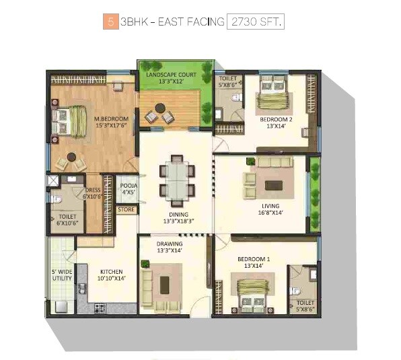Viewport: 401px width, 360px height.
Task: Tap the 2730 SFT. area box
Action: pos(256,22)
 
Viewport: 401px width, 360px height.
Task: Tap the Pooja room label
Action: pos(129,188)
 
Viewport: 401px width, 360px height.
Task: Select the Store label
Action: pos(126,210)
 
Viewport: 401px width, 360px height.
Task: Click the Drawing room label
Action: pos(170,247)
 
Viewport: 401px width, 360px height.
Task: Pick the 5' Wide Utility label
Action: pos(62,275)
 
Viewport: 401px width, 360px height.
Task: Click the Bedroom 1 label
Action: pos(254,262)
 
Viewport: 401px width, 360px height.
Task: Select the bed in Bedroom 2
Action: pos(274,96)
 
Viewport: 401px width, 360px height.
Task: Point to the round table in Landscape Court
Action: pos(161,108)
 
